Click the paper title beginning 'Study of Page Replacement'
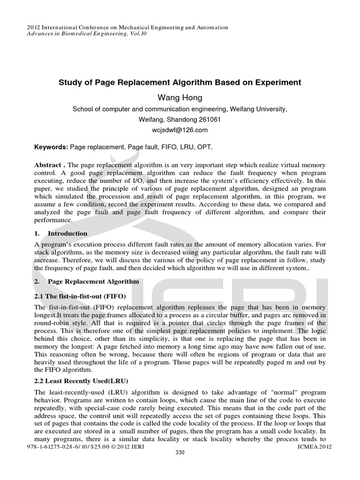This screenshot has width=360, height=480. pos(180,82)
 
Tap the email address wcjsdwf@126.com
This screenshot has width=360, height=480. pos(180,130)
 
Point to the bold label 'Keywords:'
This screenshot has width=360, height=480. pos(51,147)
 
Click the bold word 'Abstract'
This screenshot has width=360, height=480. pos(49,166)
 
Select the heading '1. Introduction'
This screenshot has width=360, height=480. pos(61,233)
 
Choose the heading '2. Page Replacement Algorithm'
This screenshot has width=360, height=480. pos(87,282)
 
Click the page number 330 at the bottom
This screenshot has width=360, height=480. pos(180,452)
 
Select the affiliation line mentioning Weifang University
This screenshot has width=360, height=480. pos(180,109)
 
